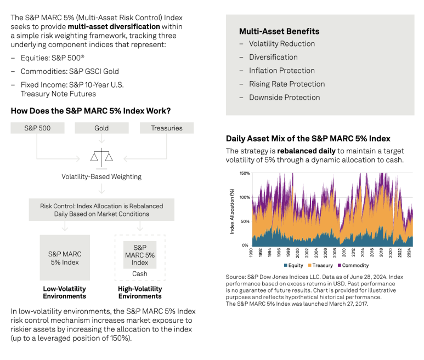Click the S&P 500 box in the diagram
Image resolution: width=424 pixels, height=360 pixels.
pyautogui.click(x=37, y=128)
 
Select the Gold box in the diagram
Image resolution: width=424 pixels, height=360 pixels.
pyautogui.click(x=101, y=128)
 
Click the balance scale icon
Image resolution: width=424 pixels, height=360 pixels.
pyautogui.click(x=101, y=156)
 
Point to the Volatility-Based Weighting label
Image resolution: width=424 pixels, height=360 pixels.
pyautogui.click(x=101, y=176)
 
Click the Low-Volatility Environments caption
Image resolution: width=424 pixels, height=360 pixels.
pyautogui.click(x=65, y=293)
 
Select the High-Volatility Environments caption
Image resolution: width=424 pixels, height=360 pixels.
pyautogui.click(x=140, y=293)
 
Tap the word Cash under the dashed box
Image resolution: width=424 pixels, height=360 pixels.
pyautogui.click(x=140, y=273)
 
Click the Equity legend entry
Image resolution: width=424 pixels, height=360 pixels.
pyautogui.click(x=293, y=265)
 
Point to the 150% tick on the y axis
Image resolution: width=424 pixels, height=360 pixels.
pyautogui.click(x=244, y=173)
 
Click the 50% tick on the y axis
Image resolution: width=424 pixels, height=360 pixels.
pyautogui.click(x=245, y=221)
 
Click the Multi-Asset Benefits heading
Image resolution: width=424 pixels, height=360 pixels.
pyautogui.click(x=279, y=31)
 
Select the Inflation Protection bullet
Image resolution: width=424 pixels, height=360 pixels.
pyautogui.click(x=282, y=71)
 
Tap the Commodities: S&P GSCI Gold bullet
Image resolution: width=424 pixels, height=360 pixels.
pyautogui.click(x=70, y=71)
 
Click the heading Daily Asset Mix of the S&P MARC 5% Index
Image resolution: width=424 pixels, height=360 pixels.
pyautogui.click(x=308, y=139)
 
